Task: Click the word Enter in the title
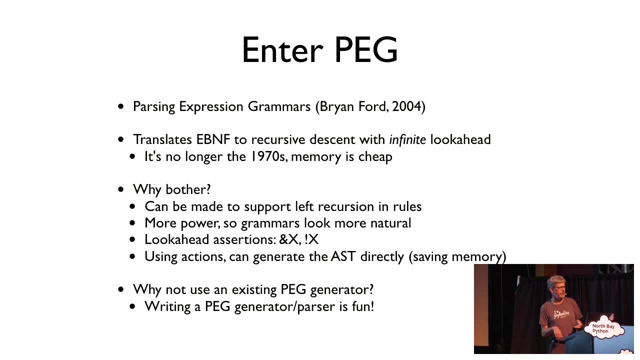pyautogui.click(x=282, y=50)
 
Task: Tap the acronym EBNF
pyautogui.click(x=213, y=139)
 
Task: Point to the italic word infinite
pyautogui.click(x=407, y=139)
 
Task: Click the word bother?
pyautogui.click(x=188, y=189)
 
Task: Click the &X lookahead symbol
pyautogui.click(x=289, y=239)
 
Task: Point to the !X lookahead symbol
pyautogui.click(x=311, y=239)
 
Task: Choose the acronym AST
pyautogui.click(x=343, y=256)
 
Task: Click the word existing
pyautogui.click(x=254, y=290)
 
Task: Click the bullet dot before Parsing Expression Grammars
pyautogui.click(x=121, y=106)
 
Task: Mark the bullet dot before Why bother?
pyautogui.click(x=121, y=189)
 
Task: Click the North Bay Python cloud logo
pyautogui.click(x=603, y=329)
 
